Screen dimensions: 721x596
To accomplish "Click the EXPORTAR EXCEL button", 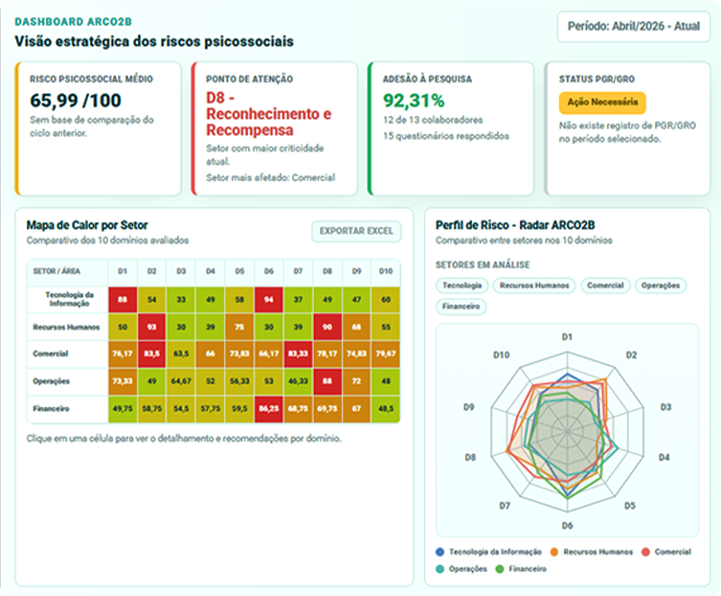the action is [356, 231].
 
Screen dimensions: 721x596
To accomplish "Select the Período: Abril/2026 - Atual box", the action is [634, 27].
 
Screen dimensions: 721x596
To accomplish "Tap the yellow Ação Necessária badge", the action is [602, 103].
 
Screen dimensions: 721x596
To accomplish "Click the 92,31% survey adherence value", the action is [414, 101].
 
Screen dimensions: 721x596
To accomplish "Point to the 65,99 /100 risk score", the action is [76, 101].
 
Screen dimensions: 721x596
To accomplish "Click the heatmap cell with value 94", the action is [269, 300].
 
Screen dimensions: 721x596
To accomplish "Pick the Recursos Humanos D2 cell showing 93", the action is [151, 327].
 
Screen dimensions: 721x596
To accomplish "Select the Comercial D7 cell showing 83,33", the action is [298, 354].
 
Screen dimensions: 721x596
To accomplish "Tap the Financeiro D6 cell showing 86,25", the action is [269, 409].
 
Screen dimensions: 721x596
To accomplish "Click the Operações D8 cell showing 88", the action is [327, 381].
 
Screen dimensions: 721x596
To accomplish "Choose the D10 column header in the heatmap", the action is [386, 271].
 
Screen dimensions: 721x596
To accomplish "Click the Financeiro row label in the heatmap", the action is [51, 409].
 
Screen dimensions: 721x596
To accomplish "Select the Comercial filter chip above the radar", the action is [605, 286].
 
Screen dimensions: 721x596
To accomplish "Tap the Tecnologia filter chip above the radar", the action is [462, 286].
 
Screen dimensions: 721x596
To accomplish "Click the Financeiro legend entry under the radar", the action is [521, 569].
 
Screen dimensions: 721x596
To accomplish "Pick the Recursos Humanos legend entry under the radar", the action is [591, 552].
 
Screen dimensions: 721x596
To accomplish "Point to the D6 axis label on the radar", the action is [567, 526].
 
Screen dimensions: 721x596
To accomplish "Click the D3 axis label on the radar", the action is [665, 407].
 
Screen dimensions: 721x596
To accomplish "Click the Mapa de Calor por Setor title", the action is [87, 225].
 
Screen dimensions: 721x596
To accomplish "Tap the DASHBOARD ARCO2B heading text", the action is [73, 22].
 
